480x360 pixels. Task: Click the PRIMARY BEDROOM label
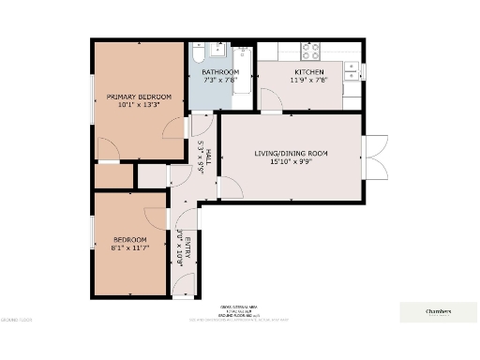139,97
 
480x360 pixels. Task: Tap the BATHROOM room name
220,72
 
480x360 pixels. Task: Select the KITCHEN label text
309,72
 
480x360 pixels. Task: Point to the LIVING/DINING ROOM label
292,152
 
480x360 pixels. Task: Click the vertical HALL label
209,157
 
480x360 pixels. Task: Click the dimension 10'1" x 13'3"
139,106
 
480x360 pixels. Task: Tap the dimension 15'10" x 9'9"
292,160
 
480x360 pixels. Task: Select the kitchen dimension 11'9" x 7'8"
309,81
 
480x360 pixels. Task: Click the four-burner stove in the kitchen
310,51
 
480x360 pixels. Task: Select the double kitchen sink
351,67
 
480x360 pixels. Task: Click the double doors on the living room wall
375,156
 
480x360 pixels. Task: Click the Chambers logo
438,311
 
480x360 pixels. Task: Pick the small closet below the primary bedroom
113,175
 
